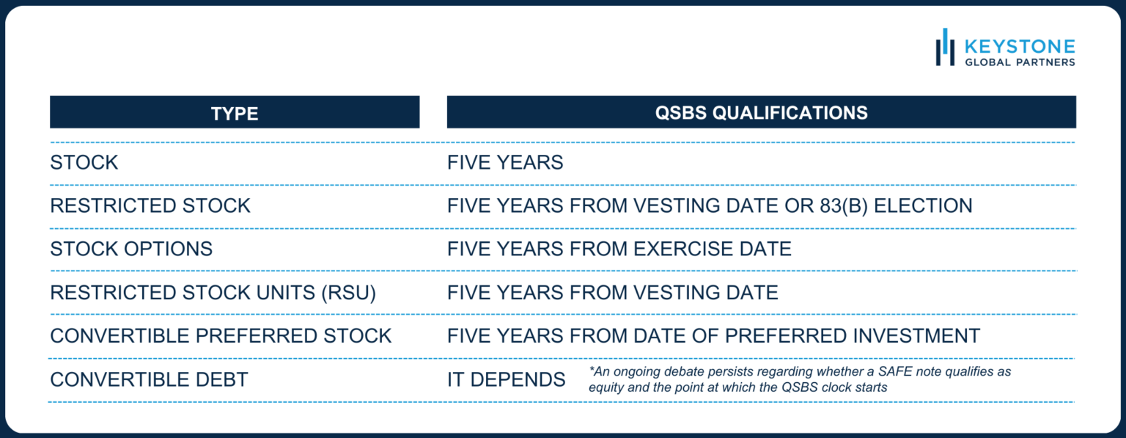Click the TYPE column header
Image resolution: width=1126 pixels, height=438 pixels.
pos(235,113)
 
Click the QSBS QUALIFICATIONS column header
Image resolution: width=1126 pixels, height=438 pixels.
pos(761,112)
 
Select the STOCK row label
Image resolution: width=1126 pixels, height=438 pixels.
pos(84,163)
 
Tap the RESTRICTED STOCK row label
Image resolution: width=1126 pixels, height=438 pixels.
pos(150,206)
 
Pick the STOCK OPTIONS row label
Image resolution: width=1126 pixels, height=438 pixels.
pos(131,249)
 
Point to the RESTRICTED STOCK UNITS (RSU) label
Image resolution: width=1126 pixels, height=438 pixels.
pos(213,293)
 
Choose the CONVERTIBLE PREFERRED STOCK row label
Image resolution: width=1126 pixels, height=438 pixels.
pos(221,336)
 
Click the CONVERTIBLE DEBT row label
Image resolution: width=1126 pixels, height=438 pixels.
pos(149,379)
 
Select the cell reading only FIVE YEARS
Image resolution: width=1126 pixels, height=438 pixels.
pos(505,163)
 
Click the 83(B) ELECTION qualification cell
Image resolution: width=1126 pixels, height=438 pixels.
pos(710,206)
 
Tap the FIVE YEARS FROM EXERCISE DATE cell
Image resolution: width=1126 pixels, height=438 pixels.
pos(619,249)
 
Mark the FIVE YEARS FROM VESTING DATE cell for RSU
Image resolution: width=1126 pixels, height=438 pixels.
pos(613,293)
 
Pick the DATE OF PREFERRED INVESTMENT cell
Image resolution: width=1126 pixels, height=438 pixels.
pos(713,336)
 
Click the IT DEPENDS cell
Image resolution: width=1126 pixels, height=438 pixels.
pos(507,379)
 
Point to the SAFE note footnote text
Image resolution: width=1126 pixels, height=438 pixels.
pos(799,379)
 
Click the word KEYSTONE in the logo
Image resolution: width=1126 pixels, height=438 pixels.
pos(1020,47)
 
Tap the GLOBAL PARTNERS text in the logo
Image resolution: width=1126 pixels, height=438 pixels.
pos(1020,62)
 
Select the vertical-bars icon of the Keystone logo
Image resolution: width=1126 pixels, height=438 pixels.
pos(945,47)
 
